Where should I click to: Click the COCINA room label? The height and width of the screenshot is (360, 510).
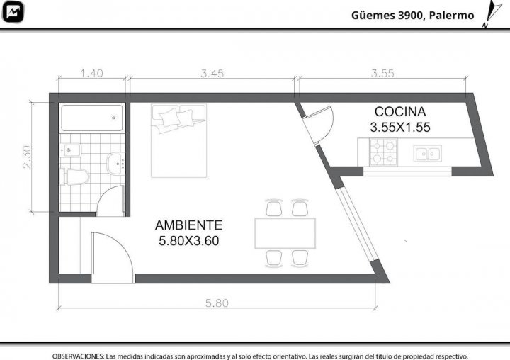(x=400, y=112)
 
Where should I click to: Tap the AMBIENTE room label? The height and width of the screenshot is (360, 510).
(x=188, y=225)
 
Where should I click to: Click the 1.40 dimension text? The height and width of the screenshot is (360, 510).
(x=91, y=73)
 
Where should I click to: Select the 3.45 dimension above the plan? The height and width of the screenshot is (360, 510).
(x=212, y=74)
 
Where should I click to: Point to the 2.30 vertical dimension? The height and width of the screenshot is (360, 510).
(x=28, y=157)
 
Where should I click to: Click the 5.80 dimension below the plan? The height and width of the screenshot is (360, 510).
(x=217, y=303)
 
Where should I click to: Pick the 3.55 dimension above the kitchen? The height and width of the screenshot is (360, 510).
(x=382, y=73)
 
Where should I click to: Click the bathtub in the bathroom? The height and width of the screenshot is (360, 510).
(x=92, y=118)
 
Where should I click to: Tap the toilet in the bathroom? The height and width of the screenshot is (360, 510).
(x=74, y=176)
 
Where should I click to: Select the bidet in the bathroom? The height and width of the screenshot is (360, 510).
(x=70, y=150)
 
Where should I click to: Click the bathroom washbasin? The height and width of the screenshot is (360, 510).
(x=115, y=164)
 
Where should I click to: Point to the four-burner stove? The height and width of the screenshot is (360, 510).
(x=383, y=152)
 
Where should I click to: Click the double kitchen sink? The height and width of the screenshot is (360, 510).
(x=427, y=153)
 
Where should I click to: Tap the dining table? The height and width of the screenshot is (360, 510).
(x=285, y=233)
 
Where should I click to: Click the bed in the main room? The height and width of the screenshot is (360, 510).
(x=179, y=140)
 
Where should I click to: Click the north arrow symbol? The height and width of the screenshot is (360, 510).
(x=492, y=13)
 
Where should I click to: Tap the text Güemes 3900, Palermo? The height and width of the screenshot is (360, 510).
(x=412, y=16)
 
